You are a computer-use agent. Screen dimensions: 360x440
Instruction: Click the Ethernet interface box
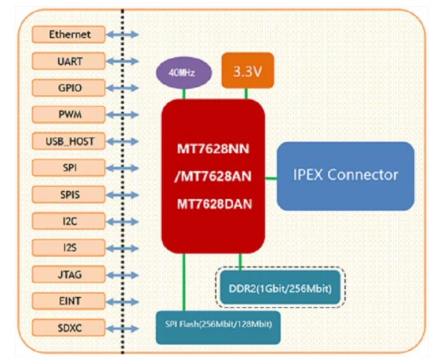point(69,34)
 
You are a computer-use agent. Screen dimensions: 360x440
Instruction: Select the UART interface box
point(69,61)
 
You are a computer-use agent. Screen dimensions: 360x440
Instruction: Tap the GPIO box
point(69,88)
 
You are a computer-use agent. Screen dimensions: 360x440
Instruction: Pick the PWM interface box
point(69,114)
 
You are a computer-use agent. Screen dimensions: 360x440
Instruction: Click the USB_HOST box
point(69,141)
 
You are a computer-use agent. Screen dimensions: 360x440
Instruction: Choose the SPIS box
point(69,195)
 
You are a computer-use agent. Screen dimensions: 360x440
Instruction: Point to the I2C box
point(69,221)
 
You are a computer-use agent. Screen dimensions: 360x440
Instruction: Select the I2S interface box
point(69,248)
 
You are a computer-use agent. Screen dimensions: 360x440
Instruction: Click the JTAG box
point(69,275)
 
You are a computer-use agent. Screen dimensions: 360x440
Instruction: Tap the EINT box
point(69,301)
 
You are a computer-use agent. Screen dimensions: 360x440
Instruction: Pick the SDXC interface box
point(69,328)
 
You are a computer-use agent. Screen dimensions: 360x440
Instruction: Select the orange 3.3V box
point(247,71)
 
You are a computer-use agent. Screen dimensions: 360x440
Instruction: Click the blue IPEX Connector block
point(345,175)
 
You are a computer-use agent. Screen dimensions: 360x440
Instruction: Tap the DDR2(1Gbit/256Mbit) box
point(280,288)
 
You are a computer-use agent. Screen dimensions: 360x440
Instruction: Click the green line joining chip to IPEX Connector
point(270,177)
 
